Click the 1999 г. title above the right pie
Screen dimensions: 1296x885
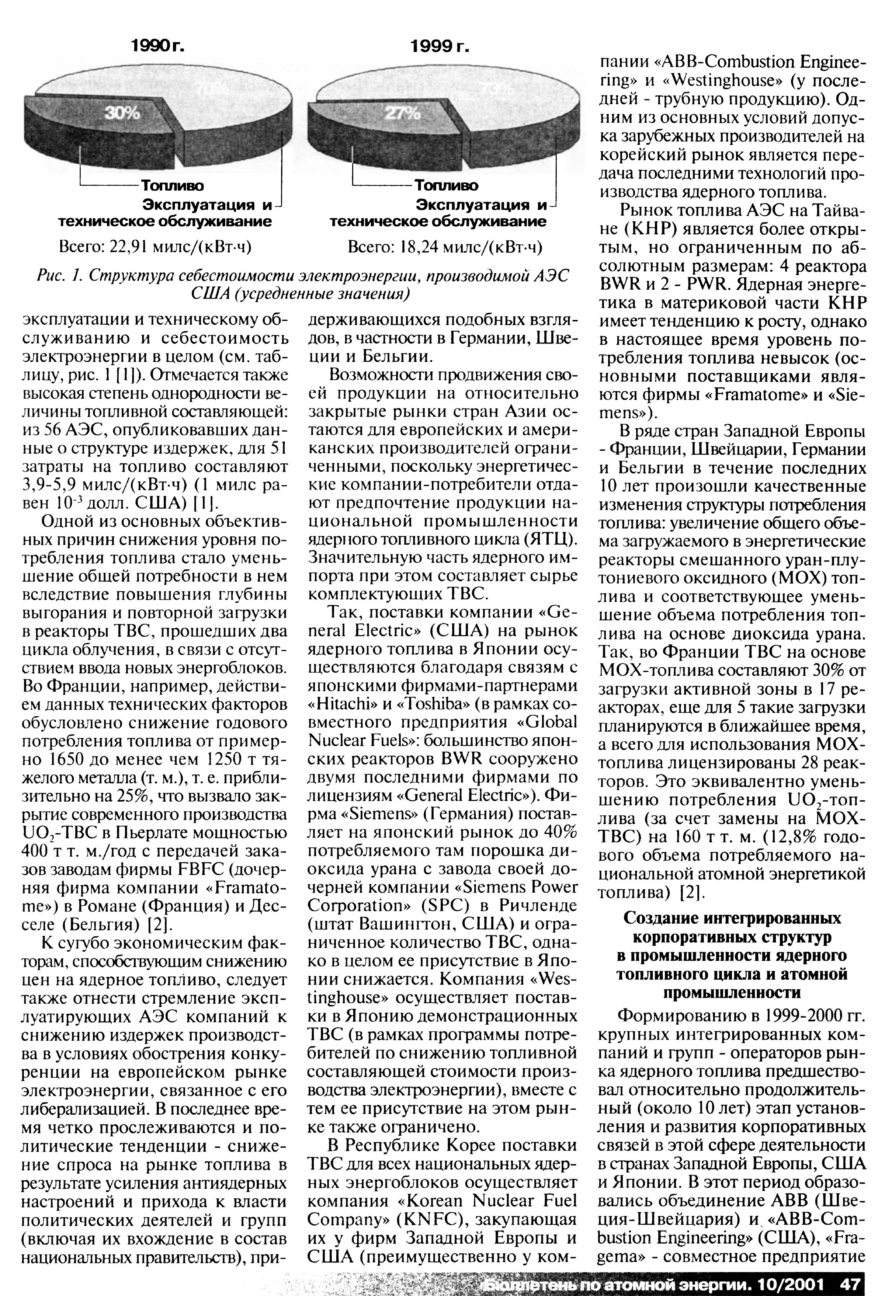pyautogui.click(x=440, y=47)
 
